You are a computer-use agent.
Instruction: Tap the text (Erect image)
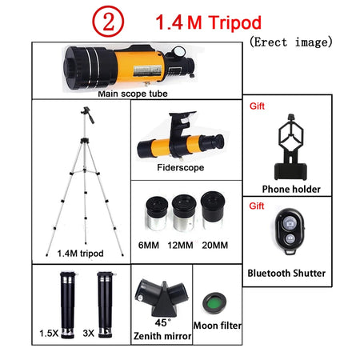pos(290,42)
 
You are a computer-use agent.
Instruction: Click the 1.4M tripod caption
pos(80,253)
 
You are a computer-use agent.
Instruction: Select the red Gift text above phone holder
pos(258,105)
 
